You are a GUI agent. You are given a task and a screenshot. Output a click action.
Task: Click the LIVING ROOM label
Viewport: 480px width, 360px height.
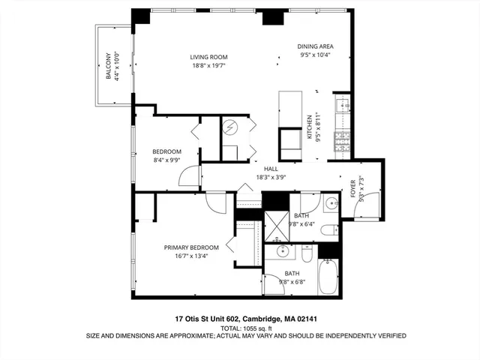point(208,57)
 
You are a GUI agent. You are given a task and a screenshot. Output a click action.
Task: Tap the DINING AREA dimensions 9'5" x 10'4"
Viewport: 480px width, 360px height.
point(315,55)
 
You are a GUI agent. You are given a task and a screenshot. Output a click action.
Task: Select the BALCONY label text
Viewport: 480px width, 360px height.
point(108,67)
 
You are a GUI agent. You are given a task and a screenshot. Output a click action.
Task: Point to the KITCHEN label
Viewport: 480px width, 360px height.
point(308,127)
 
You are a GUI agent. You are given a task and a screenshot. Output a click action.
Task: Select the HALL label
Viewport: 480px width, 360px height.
point(271,169)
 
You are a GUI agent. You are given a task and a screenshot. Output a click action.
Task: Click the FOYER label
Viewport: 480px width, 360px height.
point(353,188)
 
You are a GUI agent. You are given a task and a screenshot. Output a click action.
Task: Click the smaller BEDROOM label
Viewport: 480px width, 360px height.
point(166,151)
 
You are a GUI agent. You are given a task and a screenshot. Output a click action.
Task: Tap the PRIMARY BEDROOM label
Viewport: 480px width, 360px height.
point(191,247)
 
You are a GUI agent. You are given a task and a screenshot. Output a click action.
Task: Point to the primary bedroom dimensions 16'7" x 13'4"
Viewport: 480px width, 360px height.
point(191,256)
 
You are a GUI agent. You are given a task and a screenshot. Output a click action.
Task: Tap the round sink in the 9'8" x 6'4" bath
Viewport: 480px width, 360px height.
point(330,202)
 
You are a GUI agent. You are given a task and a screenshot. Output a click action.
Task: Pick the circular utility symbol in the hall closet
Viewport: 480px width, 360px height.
point(232,127)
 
